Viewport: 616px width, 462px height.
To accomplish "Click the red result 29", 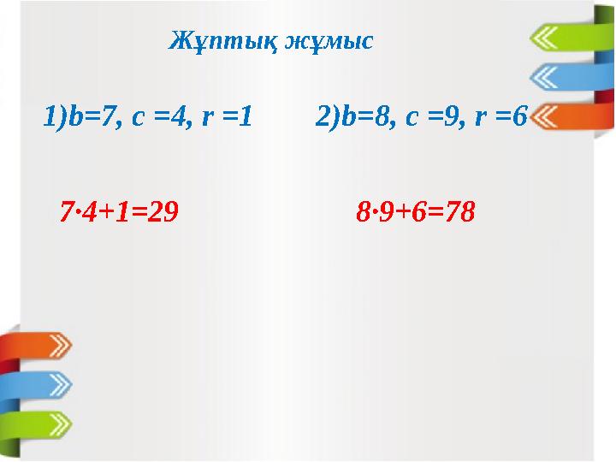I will click(x=164, y=210).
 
